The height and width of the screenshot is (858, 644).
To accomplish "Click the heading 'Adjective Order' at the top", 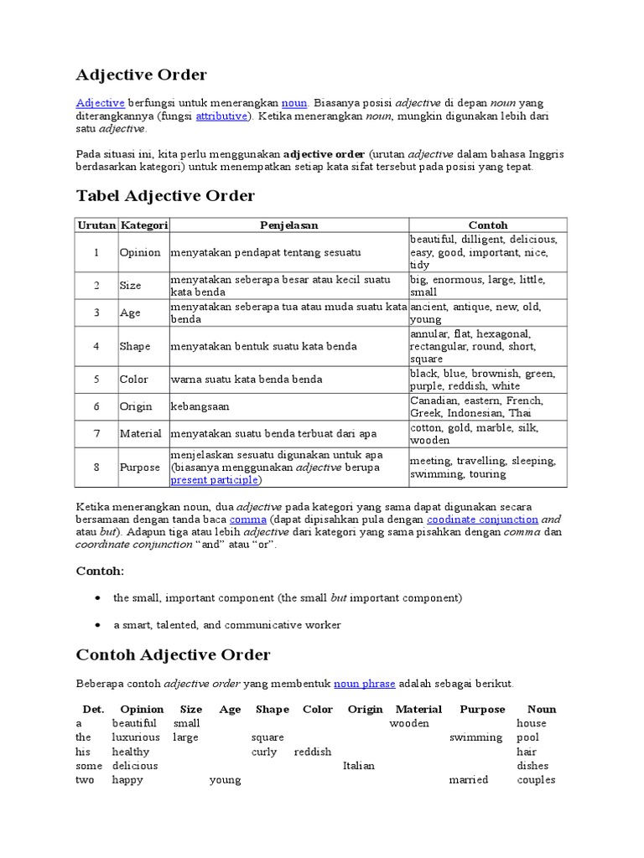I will pos(141,75).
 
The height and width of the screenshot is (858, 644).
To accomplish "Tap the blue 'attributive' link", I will pos(221,116).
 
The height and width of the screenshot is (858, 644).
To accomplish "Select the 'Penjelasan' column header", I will pos(288,225).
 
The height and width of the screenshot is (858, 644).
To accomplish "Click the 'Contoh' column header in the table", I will pos(487,225).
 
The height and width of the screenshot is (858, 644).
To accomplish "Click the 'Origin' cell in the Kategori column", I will pos(136,406).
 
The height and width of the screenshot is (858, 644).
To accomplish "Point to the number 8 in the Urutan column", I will pos(96,467).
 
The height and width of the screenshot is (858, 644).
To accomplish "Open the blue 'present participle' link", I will pos(216,480).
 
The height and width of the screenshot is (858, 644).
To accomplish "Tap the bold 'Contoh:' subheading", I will pos(100,571).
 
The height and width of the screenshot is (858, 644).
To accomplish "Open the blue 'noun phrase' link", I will pos(364,684).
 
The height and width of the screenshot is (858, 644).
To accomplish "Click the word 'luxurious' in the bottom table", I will pos(136,737).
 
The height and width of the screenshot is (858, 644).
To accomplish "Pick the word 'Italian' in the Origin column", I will pos(359,766).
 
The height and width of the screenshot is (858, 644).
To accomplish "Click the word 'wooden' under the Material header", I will pos(409,723).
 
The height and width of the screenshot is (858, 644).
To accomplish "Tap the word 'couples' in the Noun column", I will pos(536,780).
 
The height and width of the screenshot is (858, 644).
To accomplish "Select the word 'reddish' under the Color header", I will pos(313,752).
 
